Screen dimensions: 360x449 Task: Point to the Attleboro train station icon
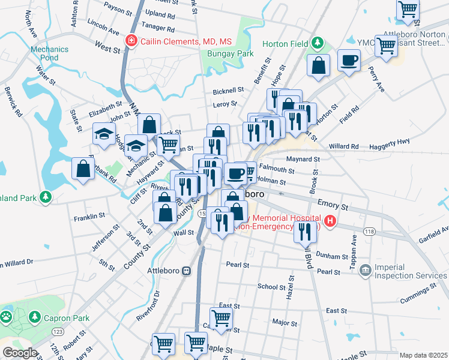[x=187, y=271]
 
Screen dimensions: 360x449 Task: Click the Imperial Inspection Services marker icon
[x=364, y=271]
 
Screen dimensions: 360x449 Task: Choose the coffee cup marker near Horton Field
[x=349, y=61]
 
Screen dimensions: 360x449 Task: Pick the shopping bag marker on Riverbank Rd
[x=83, y=169]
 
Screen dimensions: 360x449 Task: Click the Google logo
[x=19, y=353]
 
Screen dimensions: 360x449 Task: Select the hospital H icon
[x=330, y=222]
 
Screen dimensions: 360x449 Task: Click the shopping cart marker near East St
[x=221, y=317]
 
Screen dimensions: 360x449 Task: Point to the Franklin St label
[x=89, y=215]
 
